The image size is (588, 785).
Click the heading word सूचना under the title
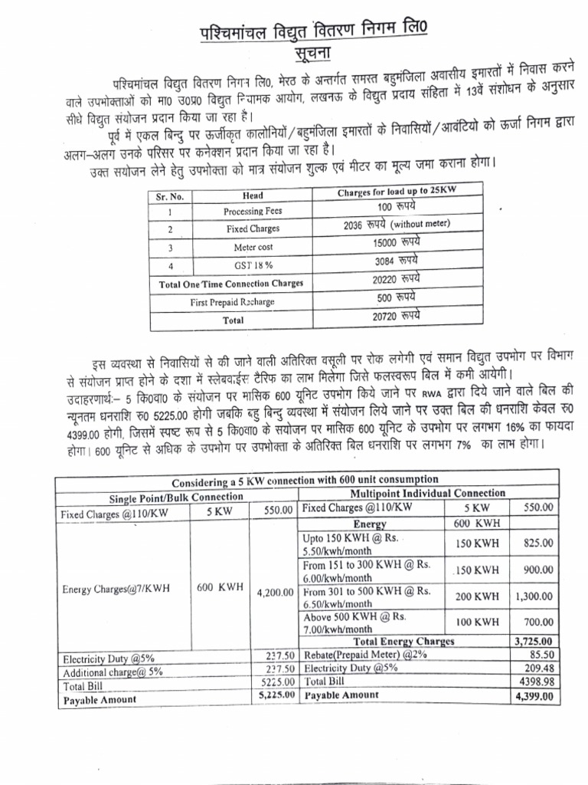point(295,55)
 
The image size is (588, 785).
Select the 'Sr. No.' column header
point(170,196)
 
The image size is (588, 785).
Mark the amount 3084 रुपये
point(399,261)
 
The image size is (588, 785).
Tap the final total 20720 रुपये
point(399,315)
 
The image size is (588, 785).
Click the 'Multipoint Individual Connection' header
point(427,493)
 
